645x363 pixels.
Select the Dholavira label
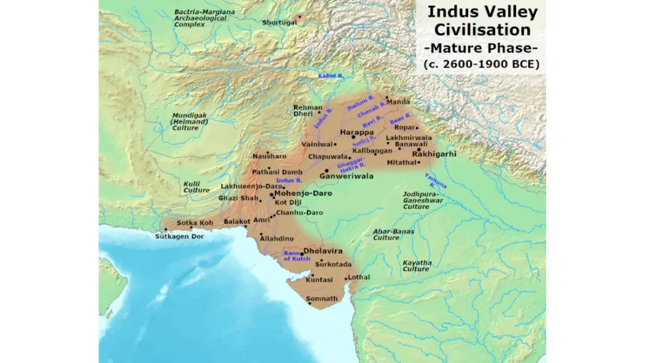tap(326, 251)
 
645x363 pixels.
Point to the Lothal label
tap(359, 277)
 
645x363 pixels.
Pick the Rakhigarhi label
tap(434, 154)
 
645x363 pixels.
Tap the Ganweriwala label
tap(346, 176)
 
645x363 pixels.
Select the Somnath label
tap(322, 298)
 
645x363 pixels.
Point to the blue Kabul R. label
tap(331, 76)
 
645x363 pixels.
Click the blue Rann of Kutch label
tap(295, 256)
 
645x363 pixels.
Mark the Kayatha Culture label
tap(417, 265)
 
